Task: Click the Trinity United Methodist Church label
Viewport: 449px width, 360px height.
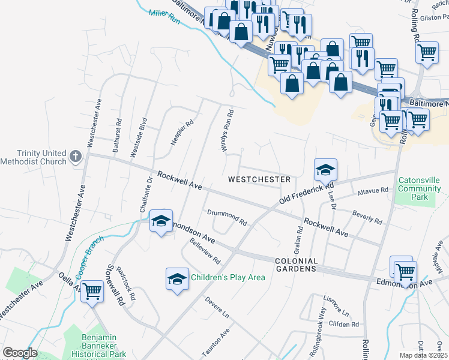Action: pyautogui.click(x=33, y=158)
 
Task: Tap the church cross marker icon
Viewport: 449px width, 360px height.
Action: pyautogui.click(x=76, y=157)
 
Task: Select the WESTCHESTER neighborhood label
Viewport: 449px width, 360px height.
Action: pyautogui.click(x=259, y=179)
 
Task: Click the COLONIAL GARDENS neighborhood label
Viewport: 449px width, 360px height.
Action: pyautogui.click(x=296, y=265)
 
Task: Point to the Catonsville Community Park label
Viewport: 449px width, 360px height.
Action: pyautogui.click(x=420, y=188)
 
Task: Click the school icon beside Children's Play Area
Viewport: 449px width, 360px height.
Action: pyautogui.click(x=177, y=278)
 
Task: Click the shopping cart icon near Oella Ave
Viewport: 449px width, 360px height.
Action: pyautogui.click(x=92, y=292)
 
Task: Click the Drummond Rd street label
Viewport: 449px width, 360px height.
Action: pyautogui.click(x=227, y=217)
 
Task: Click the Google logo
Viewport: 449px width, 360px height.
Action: pyautogui.click(x=20, y=353)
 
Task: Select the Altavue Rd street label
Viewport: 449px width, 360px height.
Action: pyautogui.click(x=373, y=190)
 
